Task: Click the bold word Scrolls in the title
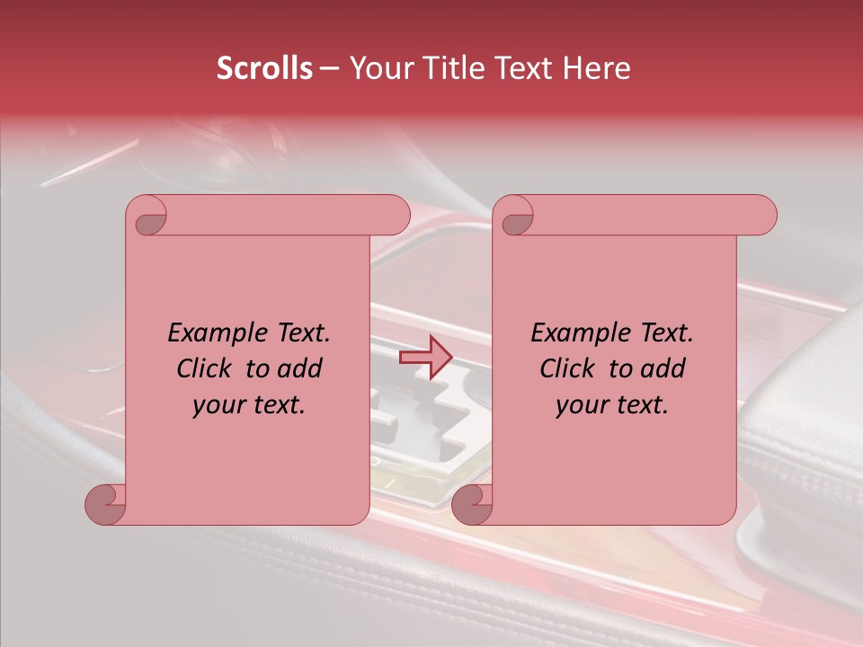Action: tap(264, 68)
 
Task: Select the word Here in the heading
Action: tap(598, 68)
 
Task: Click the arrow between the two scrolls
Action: tap(425, 358)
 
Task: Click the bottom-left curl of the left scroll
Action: tap(104, 505)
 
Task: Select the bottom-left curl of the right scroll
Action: tap(470, 505)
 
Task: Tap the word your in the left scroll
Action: tap(218, 405)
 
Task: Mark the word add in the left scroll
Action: tap(300, 368)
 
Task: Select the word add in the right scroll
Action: tap(663, 368)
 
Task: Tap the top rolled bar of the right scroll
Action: tap(647, 215)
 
